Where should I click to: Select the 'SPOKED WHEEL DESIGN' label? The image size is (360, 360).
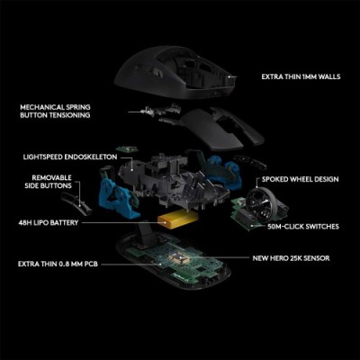point(301,179)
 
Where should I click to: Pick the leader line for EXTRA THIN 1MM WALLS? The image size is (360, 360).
point(243,77)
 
